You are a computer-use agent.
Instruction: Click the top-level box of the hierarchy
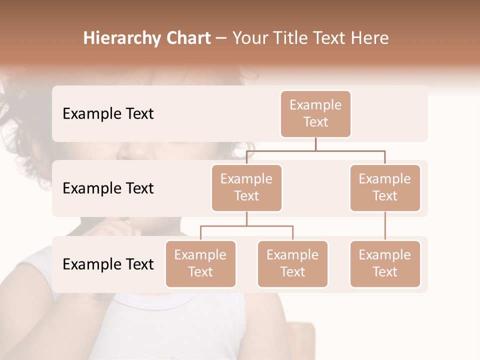[x=315, y=113]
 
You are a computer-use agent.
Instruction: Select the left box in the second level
[x=246, y=187]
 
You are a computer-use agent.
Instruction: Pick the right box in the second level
[x=385, y=187]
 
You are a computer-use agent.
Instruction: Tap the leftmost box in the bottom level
[x=200, y=263]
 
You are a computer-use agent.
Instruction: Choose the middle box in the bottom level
[x=292, y=263]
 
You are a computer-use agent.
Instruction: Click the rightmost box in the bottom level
[x=385, y=263]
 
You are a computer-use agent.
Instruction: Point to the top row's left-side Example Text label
[x=108, y=113]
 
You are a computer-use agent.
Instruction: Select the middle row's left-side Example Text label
[x=108, y=188]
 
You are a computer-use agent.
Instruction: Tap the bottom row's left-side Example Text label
[x=108, y=264]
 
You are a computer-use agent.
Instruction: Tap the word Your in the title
[x=250, y=38]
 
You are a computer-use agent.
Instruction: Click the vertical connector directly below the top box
[x=315, y=144]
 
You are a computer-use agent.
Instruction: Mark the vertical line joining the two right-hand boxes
[x=385, y=226]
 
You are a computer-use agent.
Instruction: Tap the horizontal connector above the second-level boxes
[x=315, y=150]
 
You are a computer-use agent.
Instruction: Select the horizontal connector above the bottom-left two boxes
[x=246, y=226]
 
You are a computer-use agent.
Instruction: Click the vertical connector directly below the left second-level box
[x=246, y=219]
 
